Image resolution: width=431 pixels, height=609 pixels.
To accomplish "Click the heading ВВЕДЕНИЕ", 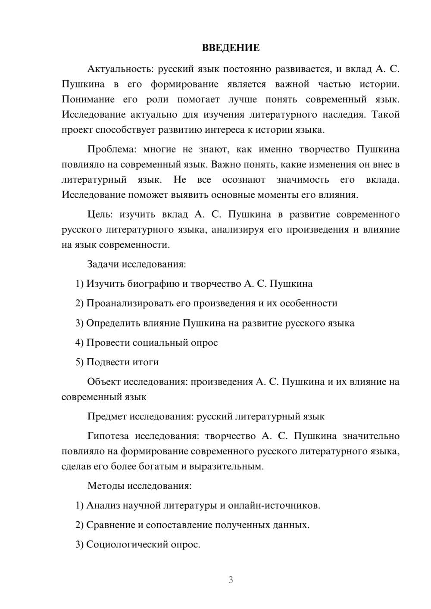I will tap(231, 48).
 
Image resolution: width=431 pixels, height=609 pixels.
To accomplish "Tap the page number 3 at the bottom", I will tap(231, 580).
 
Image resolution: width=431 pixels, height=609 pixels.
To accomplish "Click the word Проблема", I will tap(111, 149).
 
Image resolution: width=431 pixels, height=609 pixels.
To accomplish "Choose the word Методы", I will tap(106, 486).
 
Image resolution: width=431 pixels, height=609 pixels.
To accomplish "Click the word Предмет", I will tap(107, 416).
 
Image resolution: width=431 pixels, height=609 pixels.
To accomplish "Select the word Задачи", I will tap(103, 264).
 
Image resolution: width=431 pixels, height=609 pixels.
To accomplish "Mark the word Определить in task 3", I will tap(111, 323).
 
